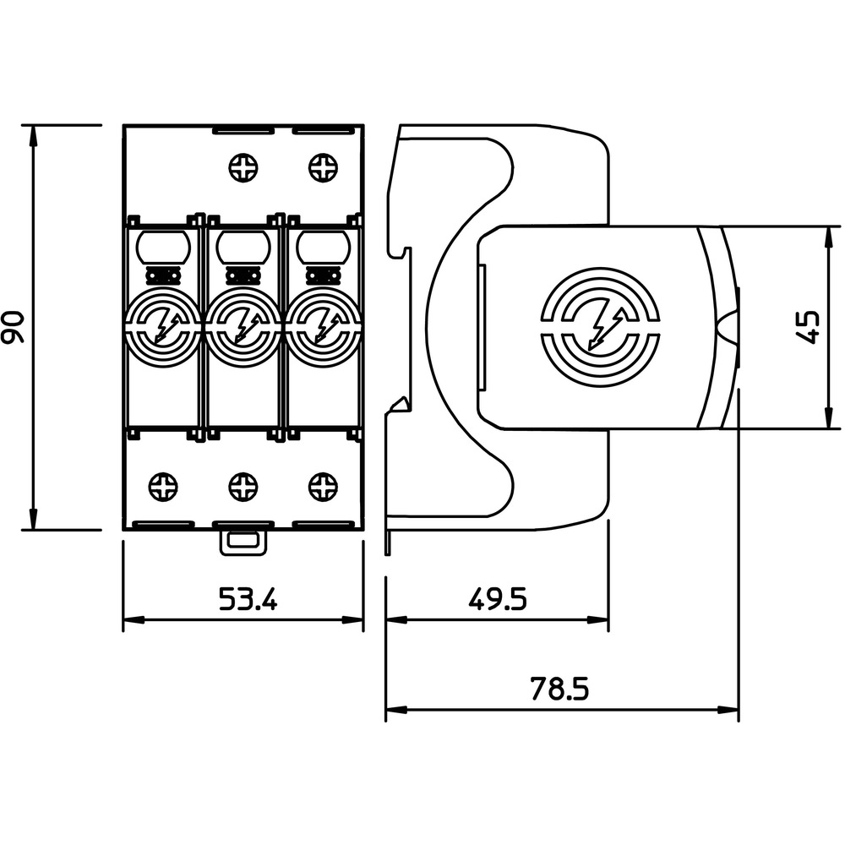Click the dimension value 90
[x=13, y=327]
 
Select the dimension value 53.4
[x=248, y=599]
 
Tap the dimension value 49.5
[x=497, y=599]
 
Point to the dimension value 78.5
[x=559, y=689]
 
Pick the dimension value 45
[x=808, y=326]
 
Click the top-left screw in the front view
[x=243, y=167]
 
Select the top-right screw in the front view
[x=324, y=167]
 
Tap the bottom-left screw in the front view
[x=163, y=487]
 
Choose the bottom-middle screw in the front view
[x=243, y=487]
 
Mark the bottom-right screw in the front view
[x=324, y=487]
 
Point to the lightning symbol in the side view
[x=606, y=328]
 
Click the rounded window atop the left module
[x=163, y=247]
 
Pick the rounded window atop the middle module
[x=243, y=247]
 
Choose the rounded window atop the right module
[x=324, y=247]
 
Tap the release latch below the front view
[x=243, y=542]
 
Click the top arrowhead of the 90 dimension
[x=34, y=135]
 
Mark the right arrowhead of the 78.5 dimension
[x=728, y=710]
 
